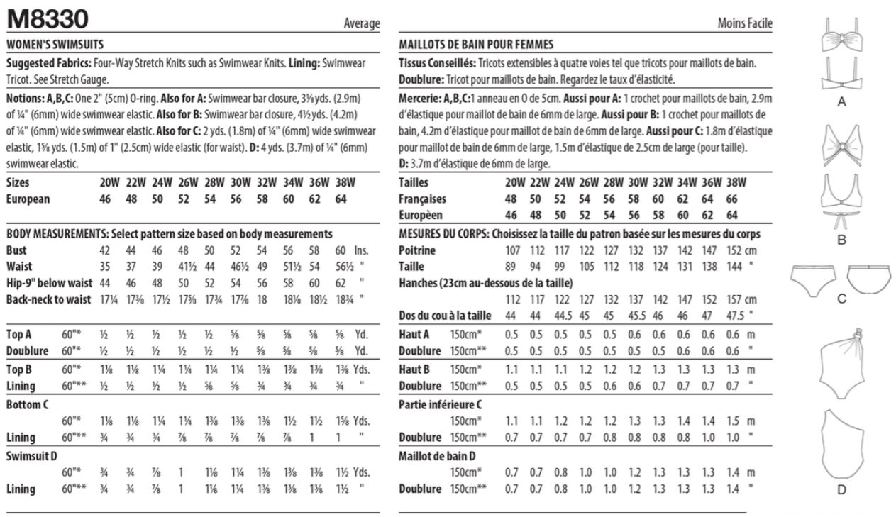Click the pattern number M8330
[x=48, y=18]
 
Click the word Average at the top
[x=362, y=24]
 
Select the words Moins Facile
[x=744, y=24]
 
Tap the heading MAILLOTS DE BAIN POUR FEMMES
[x=476, y=44]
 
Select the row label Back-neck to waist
[x=48, y=299]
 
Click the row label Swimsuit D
[x=32, y=455]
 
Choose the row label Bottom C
[x=27, y=404]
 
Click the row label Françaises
[x=423, y=199]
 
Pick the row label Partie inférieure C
[x=441, y=404]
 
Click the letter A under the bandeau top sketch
[x=842, y=102]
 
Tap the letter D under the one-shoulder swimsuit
[x=841, y=489]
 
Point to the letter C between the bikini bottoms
[x=841, y=299]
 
